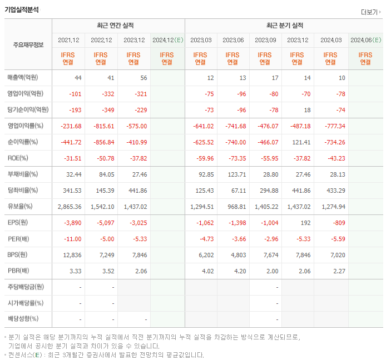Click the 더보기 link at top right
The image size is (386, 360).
pyautogui.click(x=370, y=12)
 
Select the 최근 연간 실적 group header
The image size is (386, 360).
pyautogui.click(x=118, y=26)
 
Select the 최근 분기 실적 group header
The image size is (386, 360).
pyautogui.click(x=284, y=26)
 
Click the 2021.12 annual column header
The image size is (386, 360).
pyautogui.click(x=68, y=40)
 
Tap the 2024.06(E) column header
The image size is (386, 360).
pyautogui.click(x=365, y=40)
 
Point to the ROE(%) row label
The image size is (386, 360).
pyautogui.click(x=18, y=158)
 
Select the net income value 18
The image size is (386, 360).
pyautogui.click(x=307, y=110)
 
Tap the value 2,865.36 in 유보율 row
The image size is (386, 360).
pyautogui.click(x=70, y=207)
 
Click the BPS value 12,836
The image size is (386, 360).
pyautogui.click(x=72, y=255)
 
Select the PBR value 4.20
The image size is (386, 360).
pyautogui.click(x=239, y=271)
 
